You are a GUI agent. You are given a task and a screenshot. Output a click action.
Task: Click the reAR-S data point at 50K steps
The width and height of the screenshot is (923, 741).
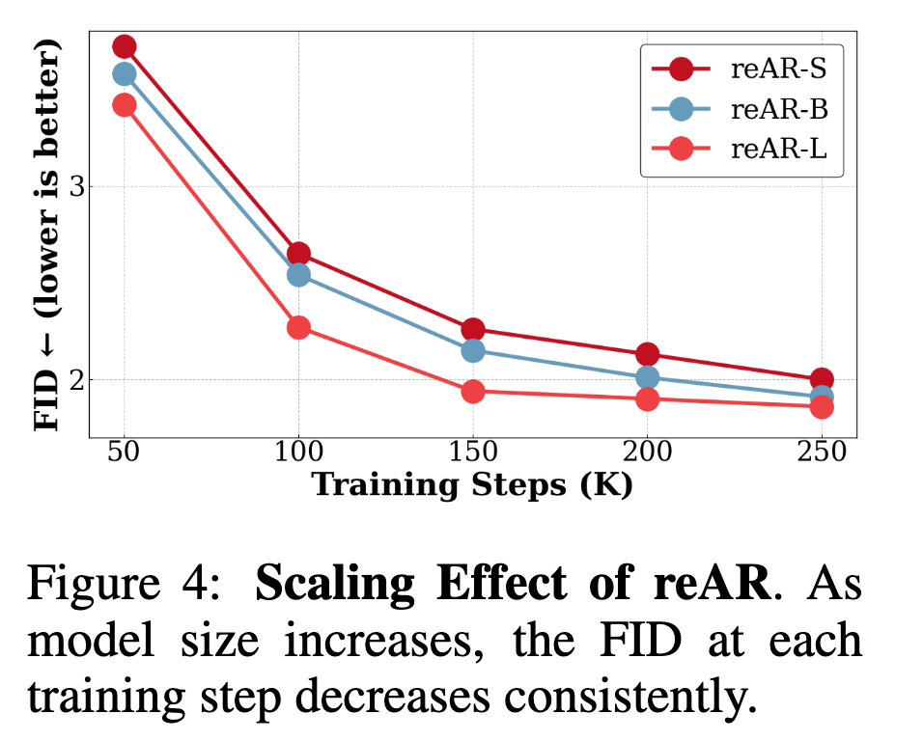tap(124, 46)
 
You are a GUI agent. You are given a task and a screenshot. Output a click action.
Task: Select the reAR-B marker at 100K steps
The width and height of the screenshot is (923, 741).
tap(298, 275)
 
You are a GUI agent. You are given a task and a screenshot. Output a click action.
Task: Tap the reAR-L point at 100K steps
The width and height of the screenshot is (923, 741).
tap(298, 327)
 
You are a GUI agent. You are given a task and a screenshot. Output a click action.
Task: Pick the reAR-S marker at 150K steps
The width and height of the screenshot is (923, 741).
tap(473, 329)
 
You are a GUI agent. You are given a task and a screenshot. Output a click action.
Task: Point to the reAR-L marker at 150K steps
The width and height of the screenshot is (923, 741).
tap(473, 391)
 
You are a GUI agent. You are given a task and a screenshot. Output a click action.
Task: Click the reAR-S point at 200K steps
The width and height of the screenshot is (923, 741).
tap(648, 354)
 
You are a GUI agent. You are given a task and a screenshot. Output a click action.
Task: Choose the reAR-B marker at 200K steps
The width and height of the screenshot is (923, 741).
tap(648, 377)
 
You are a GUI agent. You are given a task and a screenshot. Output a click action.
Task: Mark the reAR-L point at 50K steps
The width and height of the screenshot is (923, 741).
tap(124, 104)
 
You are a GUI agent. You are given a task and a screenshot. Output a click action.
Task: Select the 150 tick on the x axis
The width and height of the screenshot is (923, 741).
tap(473, 452)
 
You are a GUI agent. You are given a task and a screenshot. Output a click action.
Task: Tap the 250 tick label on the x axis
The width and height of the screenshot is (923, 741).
tap(822, 452)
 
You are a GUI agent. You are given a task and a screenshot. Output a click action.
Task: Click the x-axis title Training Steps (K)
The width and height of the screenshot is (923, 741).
tap(472, 483)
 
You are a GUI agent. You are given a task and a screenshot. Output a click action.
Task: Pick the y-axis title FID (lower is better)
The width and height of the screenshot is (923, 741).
tap(48, 235)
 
